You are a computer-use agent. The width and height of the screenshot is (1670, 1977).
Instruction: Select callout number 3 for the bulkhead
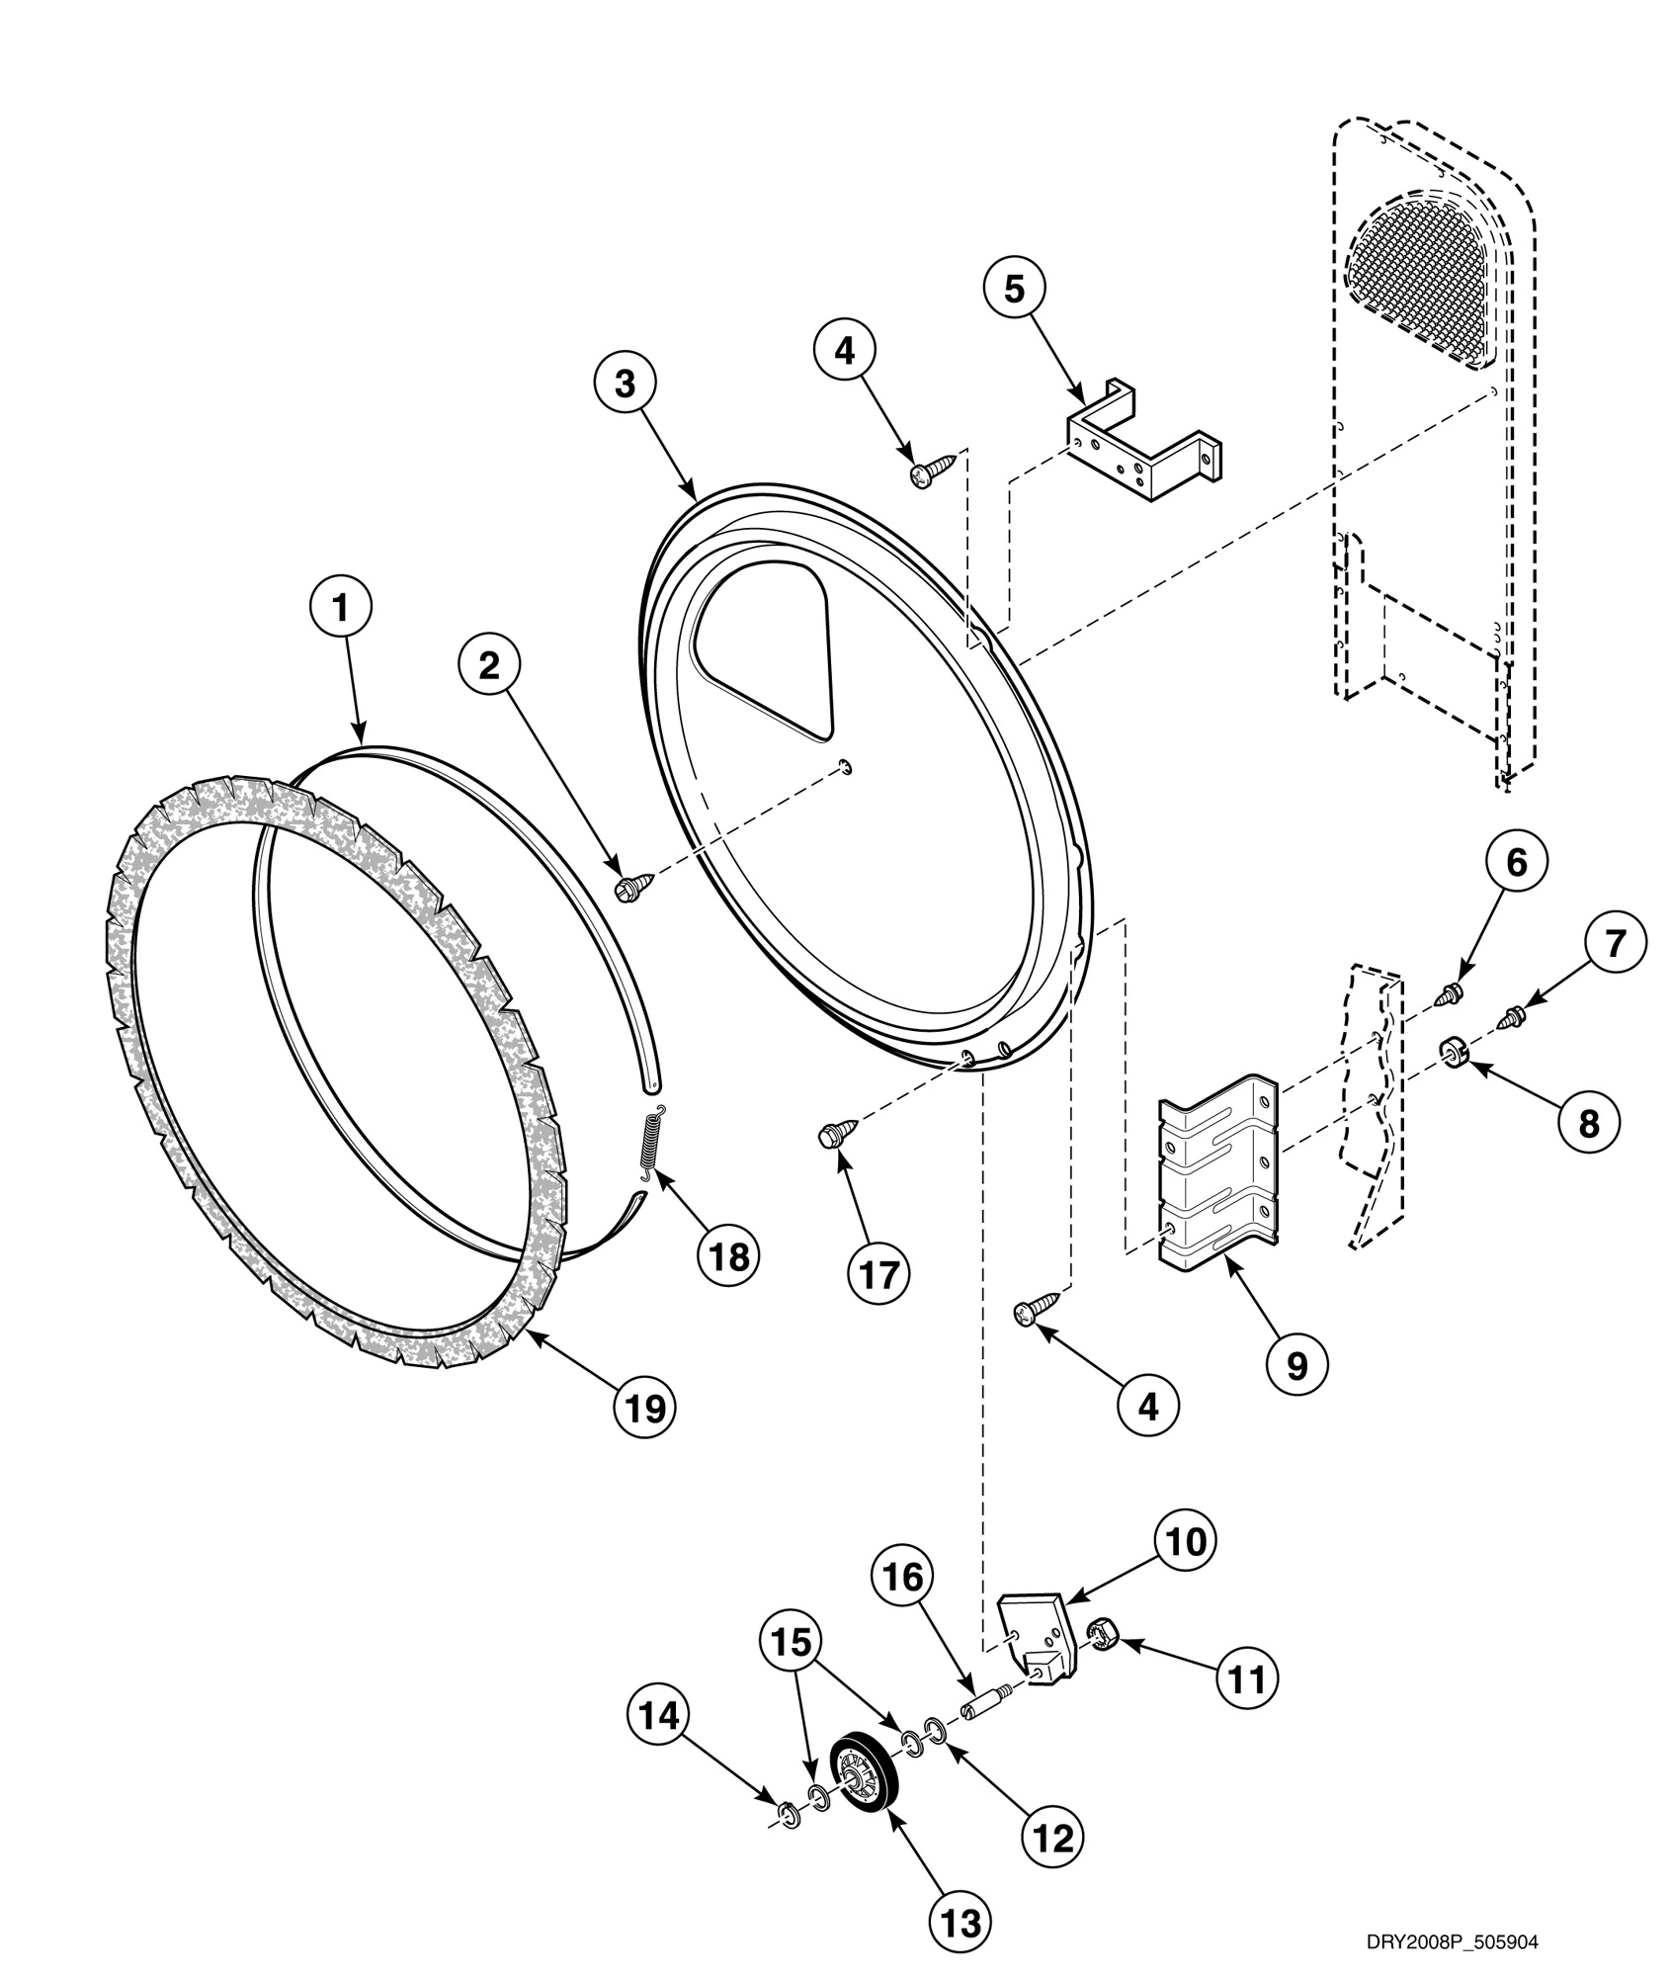point(625,386)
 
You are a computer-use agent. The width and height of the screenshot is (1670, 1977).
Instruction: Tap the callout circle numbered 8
point(1589,1122)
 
